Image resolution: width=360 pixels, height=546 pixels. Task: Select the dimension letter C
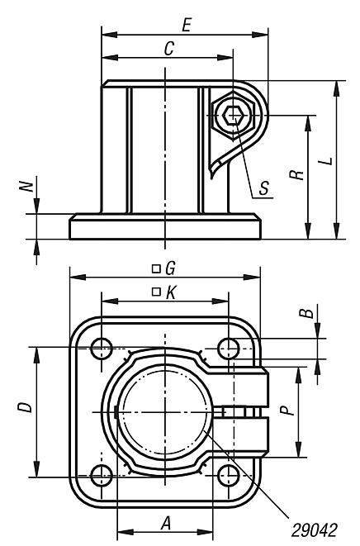coord(168,50)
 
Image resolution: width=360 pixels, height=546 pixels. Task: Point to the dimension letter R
coord(298,174)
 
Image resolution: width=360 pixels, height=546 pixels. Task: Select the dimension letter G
coord(170,268)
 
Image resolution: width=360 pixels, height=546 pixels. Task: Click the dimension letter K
coord(170,292)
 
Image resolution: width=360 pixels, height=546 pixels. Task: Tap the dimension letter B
coord(305,314)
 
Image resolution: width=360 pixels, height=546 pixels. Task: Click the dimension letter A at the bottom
coord(165,523)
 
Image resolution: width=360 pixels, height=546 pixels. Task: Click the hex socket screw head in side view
coord(234,117)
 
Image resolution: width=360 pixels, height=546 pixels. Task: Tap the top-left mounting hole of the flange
coord(102,348)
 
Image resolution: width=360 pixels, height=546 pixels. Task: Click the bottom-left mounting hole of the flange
coord(102,476)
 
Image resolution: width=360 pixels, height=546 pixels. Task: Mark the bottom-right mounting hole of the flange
coord(230,476)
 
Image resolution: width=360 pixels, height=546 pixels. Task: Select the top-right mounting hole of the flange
coord(230,348)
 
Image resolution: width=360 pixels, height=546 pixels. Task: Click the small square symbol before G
coord(155,268)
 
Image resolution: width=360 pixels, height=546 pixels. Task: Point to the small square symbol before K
coord(155,292)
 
